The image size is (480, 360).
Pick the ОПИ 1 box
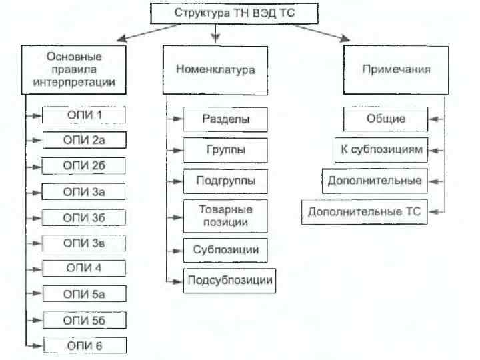click(x=83, y=115)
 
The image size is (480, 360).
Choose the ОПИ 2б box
click(x=83, y=166)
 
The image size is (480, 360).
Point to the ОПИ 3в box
click(x=83, y=243)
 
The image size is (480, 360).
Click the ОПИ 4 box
click(x=83, y=268)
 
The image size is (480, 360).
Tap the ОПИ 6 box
click(x=83, y=345)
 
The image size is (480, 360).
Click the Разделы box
click(x=225, y=120)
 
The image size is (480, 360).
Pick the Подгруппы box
click(x=225, y=181)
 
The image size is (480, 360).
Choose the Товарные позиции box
click(x=225, y=215)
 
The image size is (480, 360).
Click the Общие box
click(x=385, y=120)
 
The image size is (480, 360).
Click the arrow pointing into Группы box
click(x=174, y=151)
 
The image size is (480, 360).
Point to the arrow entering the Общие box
click(x=436, y=120)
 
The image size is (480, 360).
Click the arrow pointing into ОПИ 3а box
click(x=33, y=192)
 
